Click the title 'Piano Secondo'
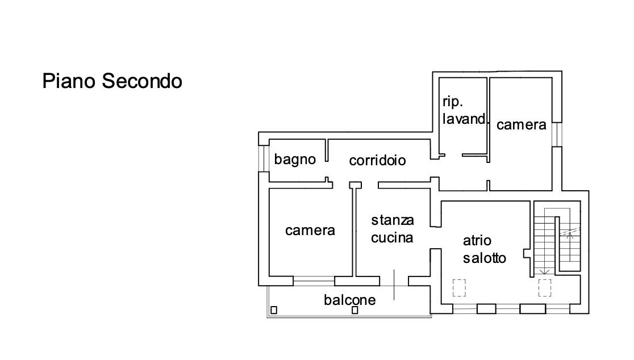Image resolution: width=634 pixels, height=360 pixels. [x=112, y=81]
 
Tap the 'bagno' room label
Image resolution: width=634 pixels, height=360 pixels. [x=295, y=160]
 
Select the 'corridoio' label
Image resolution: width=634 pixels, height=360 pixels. [x=377, y=161]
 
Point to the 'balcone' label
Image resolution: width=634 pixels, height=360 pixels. [x=350, y=299]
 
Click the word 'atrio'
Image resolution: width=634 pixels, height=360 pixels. [x=477, y=241]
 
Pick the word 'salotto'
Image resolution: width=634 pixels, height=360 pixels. [x=484, y=258]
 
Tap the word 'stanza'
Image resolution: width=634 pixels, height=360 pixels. [x=393, y=220]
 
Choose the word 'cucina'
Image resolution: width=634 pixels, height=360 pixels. [x=392, y=237]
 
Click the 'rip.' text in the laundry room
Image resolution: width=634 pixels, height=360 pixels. [x=453, y=102]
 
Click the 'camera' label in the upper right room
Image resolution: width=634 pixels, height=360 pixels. [x=521, y=125]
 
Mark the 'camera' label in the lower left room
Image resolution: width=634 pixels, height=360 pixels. [x=310, y=230]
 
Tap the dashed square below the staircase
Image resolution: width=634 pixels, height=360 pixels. [x=544, y=288]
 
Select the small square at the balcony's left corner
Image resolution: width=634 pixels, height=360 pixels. [x=274, y=310]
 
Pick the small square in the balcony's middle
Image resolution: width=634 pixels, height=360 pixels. [x=354, y=310]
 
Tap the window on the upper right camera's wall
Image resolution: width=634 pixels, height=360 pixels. [x=557, y=134]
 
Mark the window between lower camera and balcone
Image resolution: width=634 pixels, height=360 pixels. [x=314, y=279]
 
